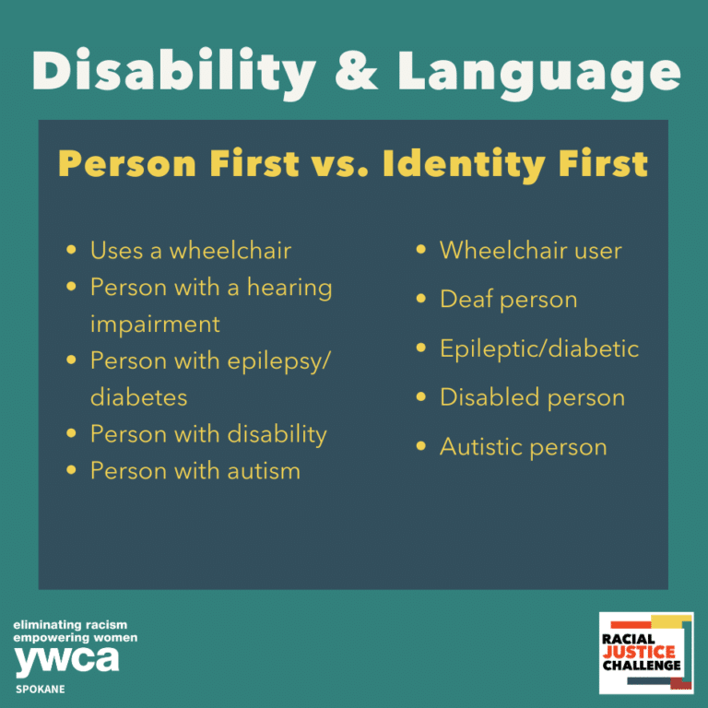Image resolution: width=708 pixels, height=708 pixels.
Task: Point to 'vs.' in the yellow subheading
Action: click(338, 164)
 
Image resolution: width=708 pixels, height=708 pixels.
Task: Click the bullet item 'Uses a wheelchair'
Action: click(190, 250)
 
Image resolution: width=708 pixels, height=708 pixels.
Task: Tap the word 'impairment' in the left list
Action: click(155, 324)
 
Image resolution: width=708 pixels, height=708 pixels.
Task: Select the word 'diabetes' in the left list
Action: click(138, 397)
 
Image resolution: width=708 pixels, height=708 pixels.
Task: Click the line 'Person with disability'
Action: click(207, 434)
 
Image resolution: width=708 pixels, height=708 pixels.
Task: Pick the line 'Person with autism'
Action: click(195, 471)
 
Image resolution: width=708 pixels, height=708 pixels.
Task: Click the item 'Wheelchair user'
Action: click(530, 250)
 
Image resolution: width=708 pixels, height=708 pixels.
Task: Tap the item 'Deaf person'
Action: click(508, 300)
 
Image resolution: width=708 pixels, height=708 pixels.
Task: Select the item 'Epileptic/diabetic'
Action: click(538, 348)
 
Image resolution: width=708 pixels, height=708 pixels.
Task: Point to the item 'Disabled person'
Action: click(532, 397)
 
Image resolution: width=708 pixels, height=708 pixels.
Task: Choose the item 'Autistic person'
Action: click(523, 447)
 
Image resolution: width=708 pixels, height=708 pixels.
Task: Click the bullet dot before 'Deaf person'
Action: click(421, 300)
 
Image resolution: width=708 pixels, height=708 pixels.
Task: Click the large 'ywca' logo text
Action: click(66, 659)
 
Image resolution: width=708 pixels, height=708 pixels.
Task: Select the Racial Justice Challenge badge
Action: click(644, 653)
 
